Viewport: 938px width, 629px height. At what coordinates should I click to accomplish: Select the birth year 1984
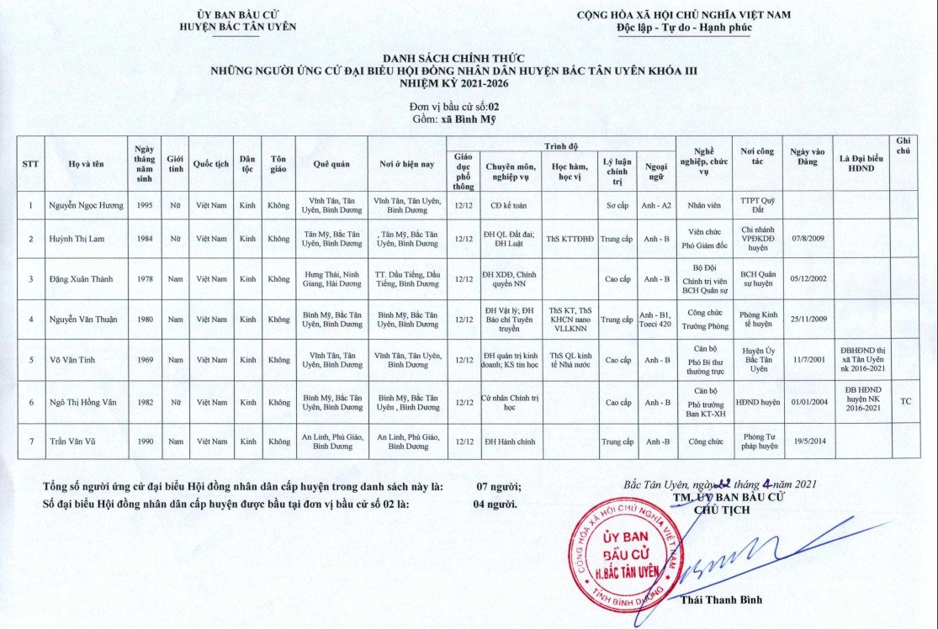[x=145, y=239]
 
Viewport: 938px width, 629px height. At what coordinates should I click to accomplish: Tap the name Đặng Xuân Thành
[x=87, y=278]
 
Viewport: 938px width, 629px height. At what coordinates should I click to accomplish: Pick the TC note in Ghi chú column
[x=905, y=402]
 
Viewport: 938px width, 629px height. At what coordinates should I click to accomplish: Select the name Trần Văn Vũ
[x=75, y=441]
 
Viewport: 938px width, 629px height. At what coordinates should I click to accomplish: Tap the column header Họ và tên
[x=87, y=164]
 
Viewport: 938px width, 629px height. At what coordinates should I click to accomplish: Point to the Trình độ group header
[x=562, y=145]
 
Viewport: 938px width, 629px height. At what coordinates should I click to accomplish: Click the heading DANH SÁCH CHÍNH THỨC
[x=454, y=58]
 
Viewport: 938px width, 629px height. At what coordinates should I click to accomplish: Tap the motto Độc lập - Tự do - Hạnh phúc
[x=684, y=27]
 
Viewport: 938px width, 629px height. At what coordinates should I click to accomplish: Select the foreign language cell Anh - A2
[x=657, y=205]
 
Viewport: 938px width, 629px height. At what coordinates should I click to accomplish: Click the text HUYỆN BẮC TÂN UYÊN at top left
[x=238, y=27]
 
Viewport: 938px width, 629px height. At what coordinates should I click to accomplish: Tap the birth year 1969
[x=145, y=360]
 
